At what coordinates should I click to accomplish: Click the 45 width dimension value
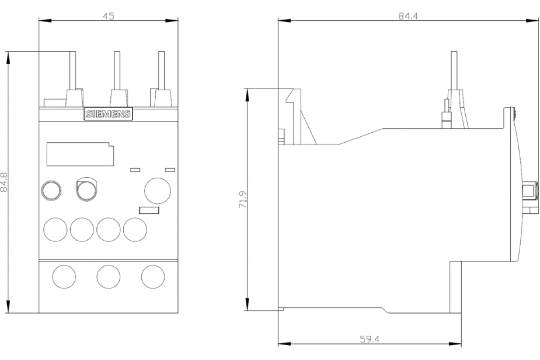[108, 16]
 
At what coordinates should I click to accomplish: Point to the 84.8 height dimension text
[4, 181]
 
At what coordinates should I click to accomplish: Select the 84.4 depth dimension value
[408, 16]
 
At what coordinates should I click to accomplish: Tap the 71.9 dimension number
[243, 199]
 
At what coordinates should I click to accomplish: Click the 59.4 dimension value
[370, 340]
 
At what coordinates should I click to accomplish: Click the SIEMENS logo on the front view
[108, 114]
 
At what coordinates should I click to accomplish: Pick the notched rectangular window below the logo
[79, 154]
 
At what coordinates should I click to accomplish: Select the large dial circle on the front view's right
[157, 190]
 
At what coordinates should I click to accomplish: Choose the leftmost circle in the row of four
[55, 229]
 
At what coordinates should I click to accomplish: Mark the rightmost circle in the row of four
[135, 229]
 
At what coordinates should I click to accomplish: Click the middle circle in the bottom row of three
[108, 277]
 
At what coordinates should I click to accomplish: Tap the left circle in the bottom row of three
[64, 277]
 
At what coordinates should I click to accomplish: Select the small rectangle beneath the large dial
[149, 210]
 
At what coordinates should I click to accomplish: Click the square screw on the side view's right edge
[531, 191]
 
